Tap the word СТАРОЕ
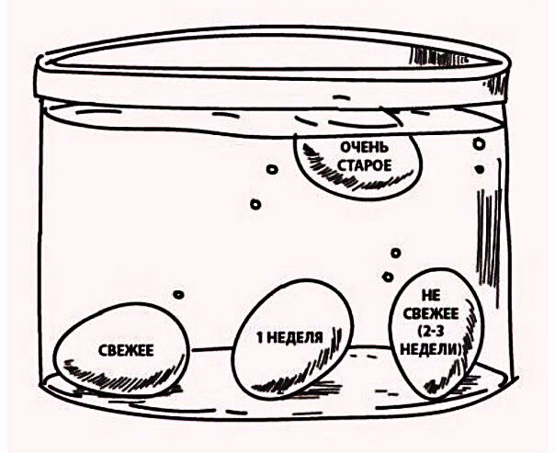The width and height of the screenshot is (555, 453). [365, 165]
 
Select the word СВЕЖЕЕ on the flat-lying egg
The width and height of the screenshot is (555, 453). [126, 350]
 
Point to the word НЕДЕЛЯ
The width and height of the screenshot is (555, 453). [294, 338]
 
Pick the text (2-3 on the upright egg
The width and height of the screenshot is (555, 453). [429, 332]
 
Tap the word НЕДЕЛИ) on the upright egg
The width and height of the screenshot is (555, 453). [429, 349]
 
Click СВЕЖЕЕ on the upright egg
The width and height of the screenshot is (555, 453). [431, 313]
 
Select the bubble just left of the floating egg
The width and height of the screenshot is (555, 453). [272, 169]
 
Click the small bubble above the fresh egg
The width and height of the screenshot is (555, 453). [179, 294]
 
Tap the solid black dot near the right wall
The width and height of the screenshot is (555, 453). [480, 169]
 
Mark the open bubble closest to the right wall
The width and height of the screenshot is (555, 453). [479, 144]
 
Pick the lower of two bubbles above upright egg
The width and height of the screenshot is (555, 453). [389, 277]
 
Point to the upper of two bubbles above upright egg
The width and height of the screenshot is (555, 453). [396, 253]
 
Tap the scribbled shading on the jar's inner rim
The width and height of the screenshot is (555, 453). [438, 57]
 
